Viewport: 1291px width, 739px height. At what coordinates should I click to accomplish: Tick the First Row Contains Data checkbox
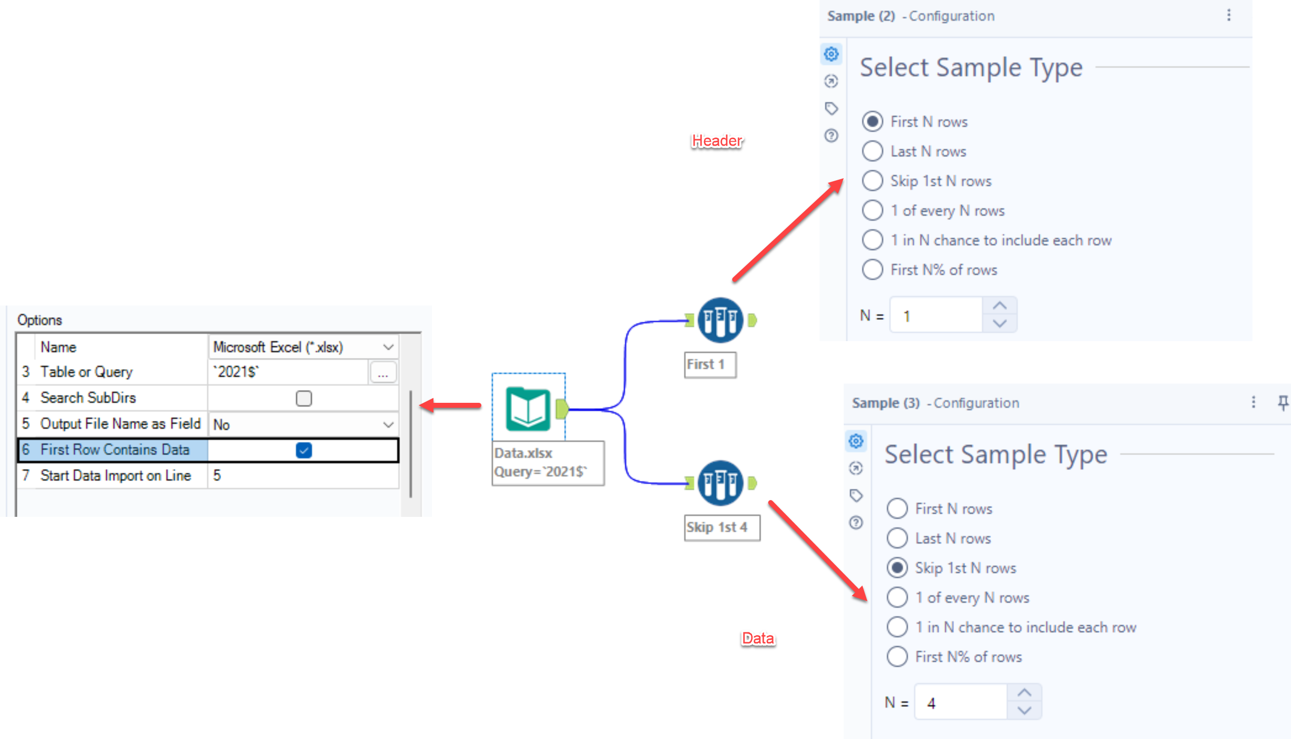coord(304,450)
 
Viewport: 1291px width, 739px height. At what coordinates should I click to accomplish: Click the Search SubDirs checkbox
coord(304,398)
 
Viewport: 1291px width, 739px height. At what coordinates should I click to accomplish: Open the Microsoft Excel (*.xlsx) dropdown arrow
coord(388,347)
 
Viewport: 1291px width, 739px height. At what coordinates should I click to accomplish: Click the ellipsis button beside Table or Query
coord(383,373)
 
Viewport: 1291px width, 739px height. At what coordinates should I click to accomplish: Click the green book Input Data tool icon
coord(528,409)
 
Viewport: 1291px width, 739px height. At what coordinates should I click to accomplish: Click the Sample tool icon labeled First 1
coord(720,320)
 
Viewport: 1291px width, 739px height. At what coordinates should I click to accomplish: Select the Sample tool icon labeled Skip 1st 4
coord(720,483)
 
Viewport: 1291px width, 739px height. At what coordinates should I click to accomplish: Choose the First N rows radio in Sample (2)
coord(872,122)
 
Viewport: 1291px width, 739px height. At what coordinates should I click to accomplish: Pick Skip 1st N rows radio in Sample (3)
coord(897,568)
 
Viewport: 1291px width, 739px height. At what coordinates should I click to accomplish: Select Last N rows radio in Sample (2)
coord(872,151)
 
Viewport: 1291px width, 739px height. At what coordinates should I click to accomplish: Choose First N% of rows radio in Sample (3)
coord(897,657)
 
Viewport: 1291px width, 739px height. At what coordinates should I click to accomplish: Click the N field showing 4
coord(961,703)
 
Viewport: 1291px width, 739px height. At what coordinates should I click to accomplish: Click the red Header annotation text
coord(716,141)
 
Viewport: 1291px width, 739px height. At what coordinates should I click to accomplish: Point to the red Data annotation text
coord(758,638)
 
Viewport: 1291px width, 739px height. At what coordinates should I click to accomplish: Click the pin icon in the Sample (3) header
coord(1283,403)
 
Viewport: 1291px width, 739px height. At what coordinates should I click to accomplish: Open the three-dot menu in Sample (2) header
coord(1229,16)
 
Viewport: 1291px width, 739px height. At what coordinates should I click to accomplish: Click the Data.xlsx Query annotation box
coord(548,463)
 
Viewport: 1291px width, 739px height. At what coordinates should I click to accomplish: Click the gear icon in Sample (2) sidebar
coord(831,54)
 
